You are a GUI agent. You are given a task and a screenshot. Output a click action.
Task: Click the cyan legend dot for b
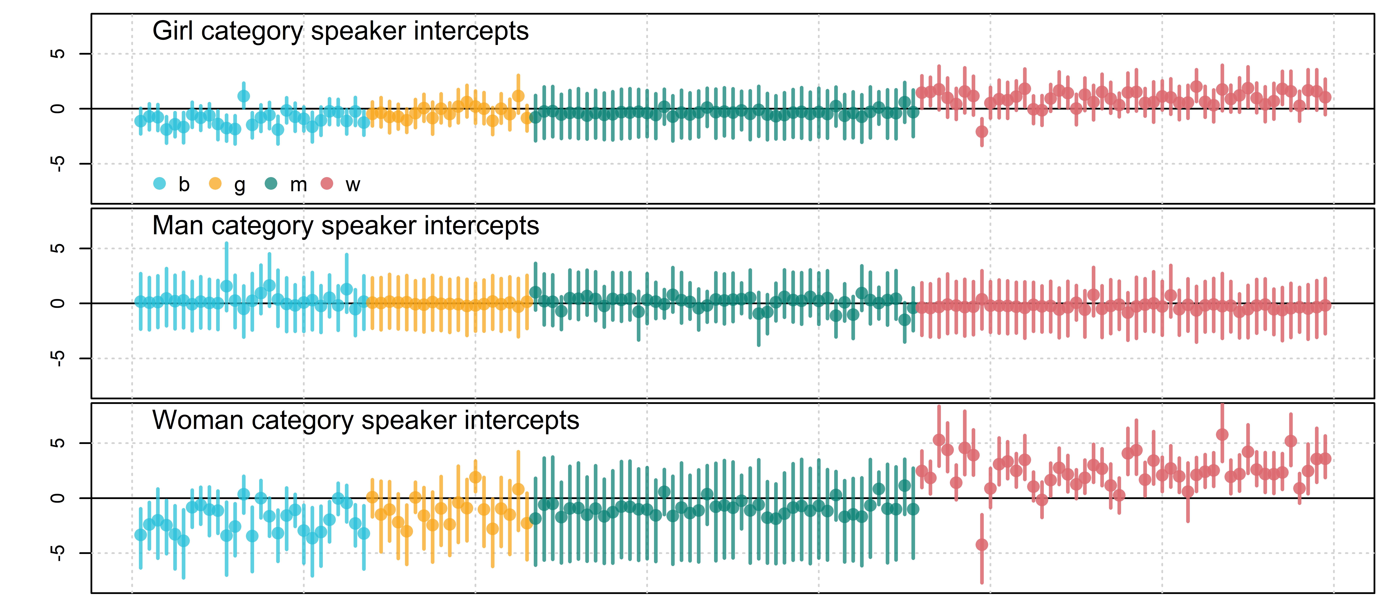pos(160,184)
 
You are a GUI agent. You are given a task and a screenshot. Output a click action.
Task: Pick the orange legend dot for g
pos(215,184)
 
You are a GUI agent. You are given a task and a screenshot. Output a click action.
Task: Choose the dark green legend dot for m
pos(271,184)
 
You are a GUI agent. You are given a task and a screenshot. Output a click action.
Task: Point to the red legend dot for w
pos(327,184)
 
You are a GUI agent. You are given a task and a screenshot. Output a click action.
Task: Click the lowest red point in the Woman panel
pos(982,545)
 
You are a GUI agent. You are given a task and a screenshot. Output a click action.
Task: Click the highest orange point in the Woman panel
pos(475,477)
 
